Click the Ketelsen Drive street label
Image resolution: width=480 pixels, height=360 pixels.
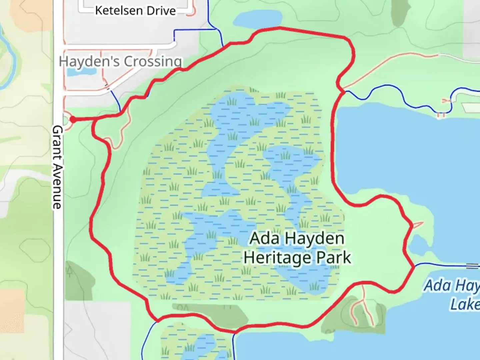(x=135, y=11)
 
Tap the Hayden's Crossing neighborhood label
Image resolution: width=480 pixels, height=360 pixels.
(x=120, y=62)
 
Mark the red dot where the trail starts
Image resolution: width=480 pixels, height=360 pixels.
(x=73, y=120)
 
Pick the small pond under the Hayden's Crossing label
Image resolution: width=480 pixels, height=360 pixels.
(x=81, y=72)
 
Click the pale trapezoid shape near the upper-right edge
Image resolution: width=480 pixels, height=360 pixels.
(x=471, y=108)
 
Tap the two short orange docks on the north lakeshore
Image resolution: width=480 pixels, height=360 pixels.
(x=441, y=115)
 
